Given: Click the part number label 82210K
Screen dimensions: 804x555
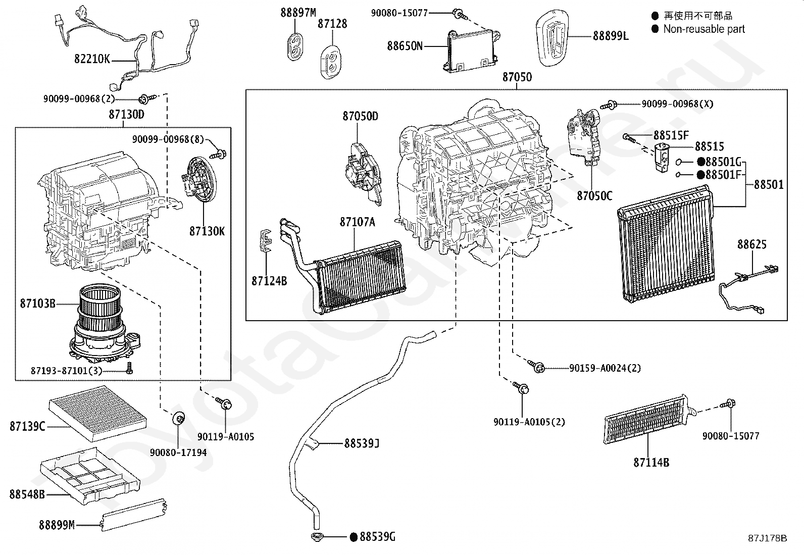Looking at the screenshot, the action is coord(92,59).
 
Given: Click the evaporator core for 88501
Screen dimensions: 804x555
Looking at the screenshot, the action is coord(666,244).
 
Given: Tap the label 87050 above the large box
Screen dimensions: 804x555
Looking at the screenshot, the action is coord(517,77).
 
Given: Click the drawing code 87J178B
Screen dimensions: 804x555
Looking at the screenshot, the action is coord(768,538).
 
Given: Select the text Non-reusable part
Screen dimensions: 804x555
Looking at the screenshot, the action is coord(704,29).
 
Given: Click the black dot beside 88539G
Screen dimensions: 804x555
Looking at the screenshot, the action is coord(354,537).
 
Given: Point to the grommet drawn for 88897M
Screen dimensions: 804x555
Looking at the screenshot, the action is coord(294,47).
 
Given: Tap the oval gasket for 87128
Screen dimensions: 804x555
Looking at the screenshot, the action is coord(331,62).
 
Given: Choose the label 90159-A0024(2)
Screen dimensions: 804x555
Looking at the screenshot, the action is coord(605,368).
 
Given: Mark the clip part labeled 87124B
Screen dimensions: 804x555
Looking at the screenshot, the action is coord(265,240).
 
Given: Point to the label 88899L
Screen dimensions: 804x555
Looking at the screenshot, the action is coord(611,36).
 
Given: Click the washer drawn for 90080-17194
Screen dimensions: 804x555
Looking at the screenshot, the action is coord(178,418).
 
